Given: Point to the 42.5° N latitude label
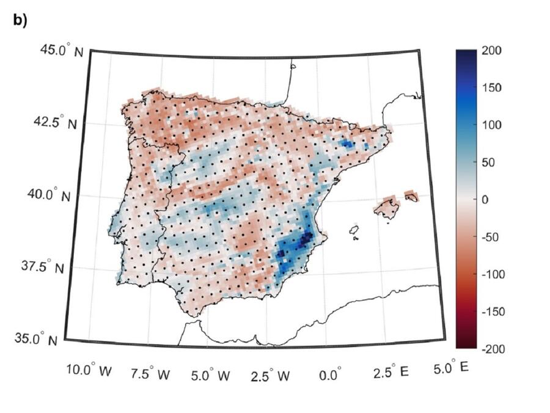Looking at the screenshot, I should click(57, 122).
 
